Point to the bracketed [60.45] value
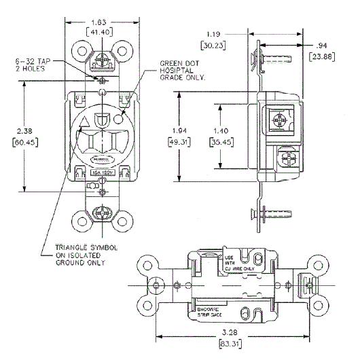24,144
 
